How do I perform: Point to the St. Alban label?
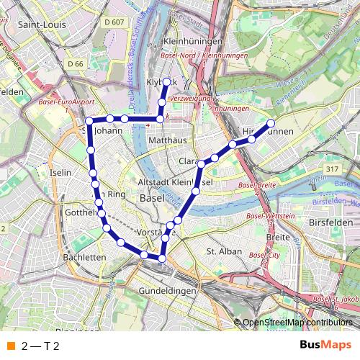click(x=222, y=251)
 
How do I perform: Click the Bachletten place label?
click(x=84, y=256)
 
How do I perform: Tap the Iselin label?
click(x=60, y=173)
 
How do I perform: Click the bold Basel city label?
click(x=153, y=197)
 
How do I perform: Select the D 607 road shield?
click(x=113, y=22)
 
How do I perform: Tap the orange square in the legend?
click(x=9, y=346)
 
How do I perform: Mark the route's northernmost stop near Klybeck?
click(x=166, y=81)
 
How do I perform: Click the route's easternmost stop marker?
click(x=271, y=123)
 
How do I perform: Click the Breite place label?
click(x=277, y=236)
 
